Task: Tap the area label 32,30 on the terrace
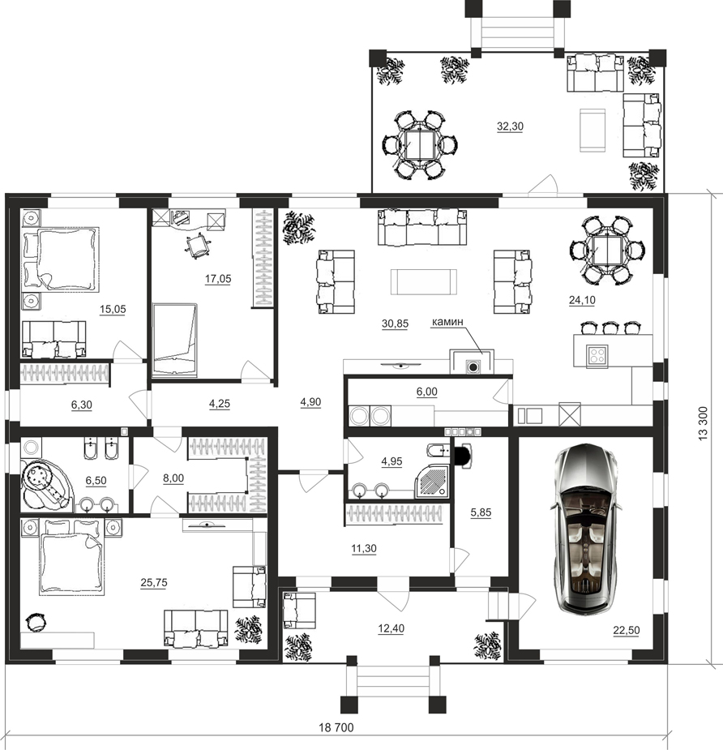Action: pos(510,126)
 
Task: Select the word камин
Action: pos(447,322)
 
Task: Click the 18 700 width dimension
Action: pos(336,727)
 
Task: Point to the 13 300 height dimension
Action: pos(703,423)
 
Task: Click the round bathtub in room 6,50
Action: pos(45,485)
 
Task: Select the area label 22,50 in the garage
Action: pos(627,630)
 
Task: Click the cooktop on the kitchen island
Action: pos(597,355)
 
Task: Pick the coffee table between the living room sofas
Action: pos(424,281)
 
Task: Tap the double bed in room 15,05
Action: pos(61,259)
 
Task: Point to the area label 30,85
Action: pos(395,324)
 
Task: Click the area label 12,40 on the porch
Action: pos(391,628)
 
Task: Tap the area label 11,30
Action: pos(364,548)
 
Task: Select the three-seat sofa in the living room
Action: pos(422,227)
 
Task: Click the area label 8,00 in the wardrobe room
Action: pos(173,478)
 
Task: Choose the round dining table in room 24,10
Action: pos(607,251)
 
